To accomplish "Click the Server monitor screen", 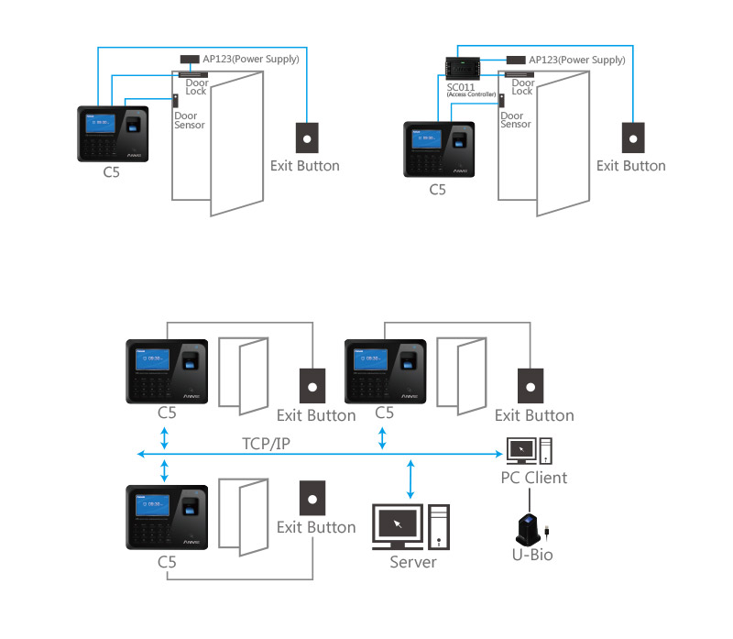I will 396,523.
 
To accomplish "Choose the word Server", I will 412,562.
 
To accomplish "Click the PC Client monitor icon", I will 520,449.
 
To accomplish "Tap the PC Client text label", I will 533,478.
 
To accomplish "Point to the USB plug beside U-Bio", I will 547,532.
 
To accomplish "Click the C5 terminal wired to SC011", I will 439,149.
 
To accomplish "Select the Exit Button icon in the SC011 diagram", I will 631,138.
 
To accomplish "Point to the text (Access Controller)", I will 470,94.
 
